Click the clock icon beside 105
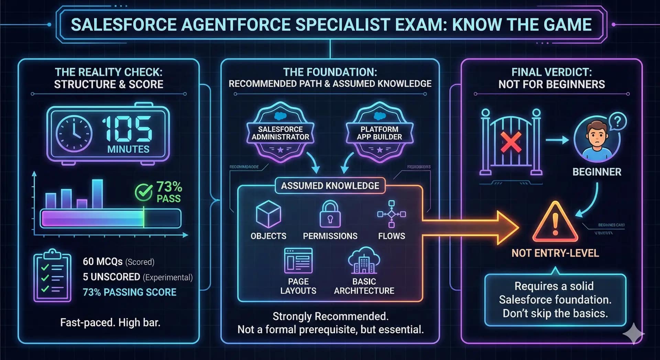pos(74,133)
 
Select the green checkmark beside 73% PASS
pos(143,192)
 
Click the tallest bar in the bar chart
pos(97,194)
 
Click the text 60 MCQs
pos(102,262)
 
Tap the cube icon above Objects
pos(268,214)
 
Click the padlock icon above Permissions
pos(330,214)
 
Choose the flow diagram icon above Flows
pos(392,214)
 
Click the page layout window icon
pos(298,261)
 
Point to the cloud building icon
pos(364,260)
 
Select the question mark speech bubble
pos(618,121)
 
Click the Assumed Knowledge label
pos(330,186)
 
